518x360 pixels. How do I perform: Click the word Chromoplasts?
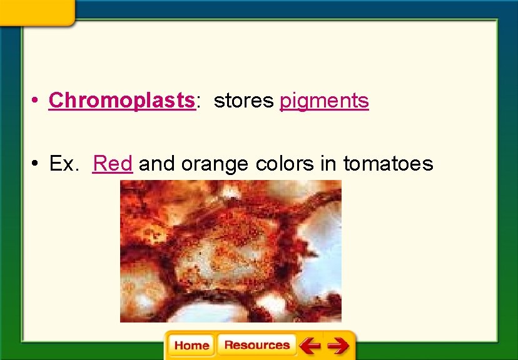[x=122, y=100]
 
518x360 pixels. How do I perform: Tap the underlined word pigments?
[x=324, y=101]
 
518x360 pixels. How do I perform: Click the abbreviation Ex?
[x=63, y=164]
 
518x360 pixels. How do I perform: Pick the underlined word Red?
[x=113, y=164]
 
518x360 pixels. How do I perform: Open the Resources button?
[x=256, y=345]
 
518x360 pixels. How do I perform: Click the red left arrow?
[x=309, y=345]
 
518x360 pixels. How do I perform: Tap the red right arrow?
[x=338, y=345]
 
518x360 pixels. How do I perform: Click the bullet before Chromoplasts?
[x=38, y=101]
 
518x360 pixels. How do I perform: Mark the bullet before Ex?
[x=38, y=164]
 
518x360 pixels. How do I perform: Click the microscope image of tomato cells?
[x=231, y=251]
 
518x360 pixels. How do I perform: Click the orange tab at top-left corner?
[x=38, y=11]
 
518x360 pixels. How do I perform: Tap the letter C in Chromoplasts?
[x=55, y=100]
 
